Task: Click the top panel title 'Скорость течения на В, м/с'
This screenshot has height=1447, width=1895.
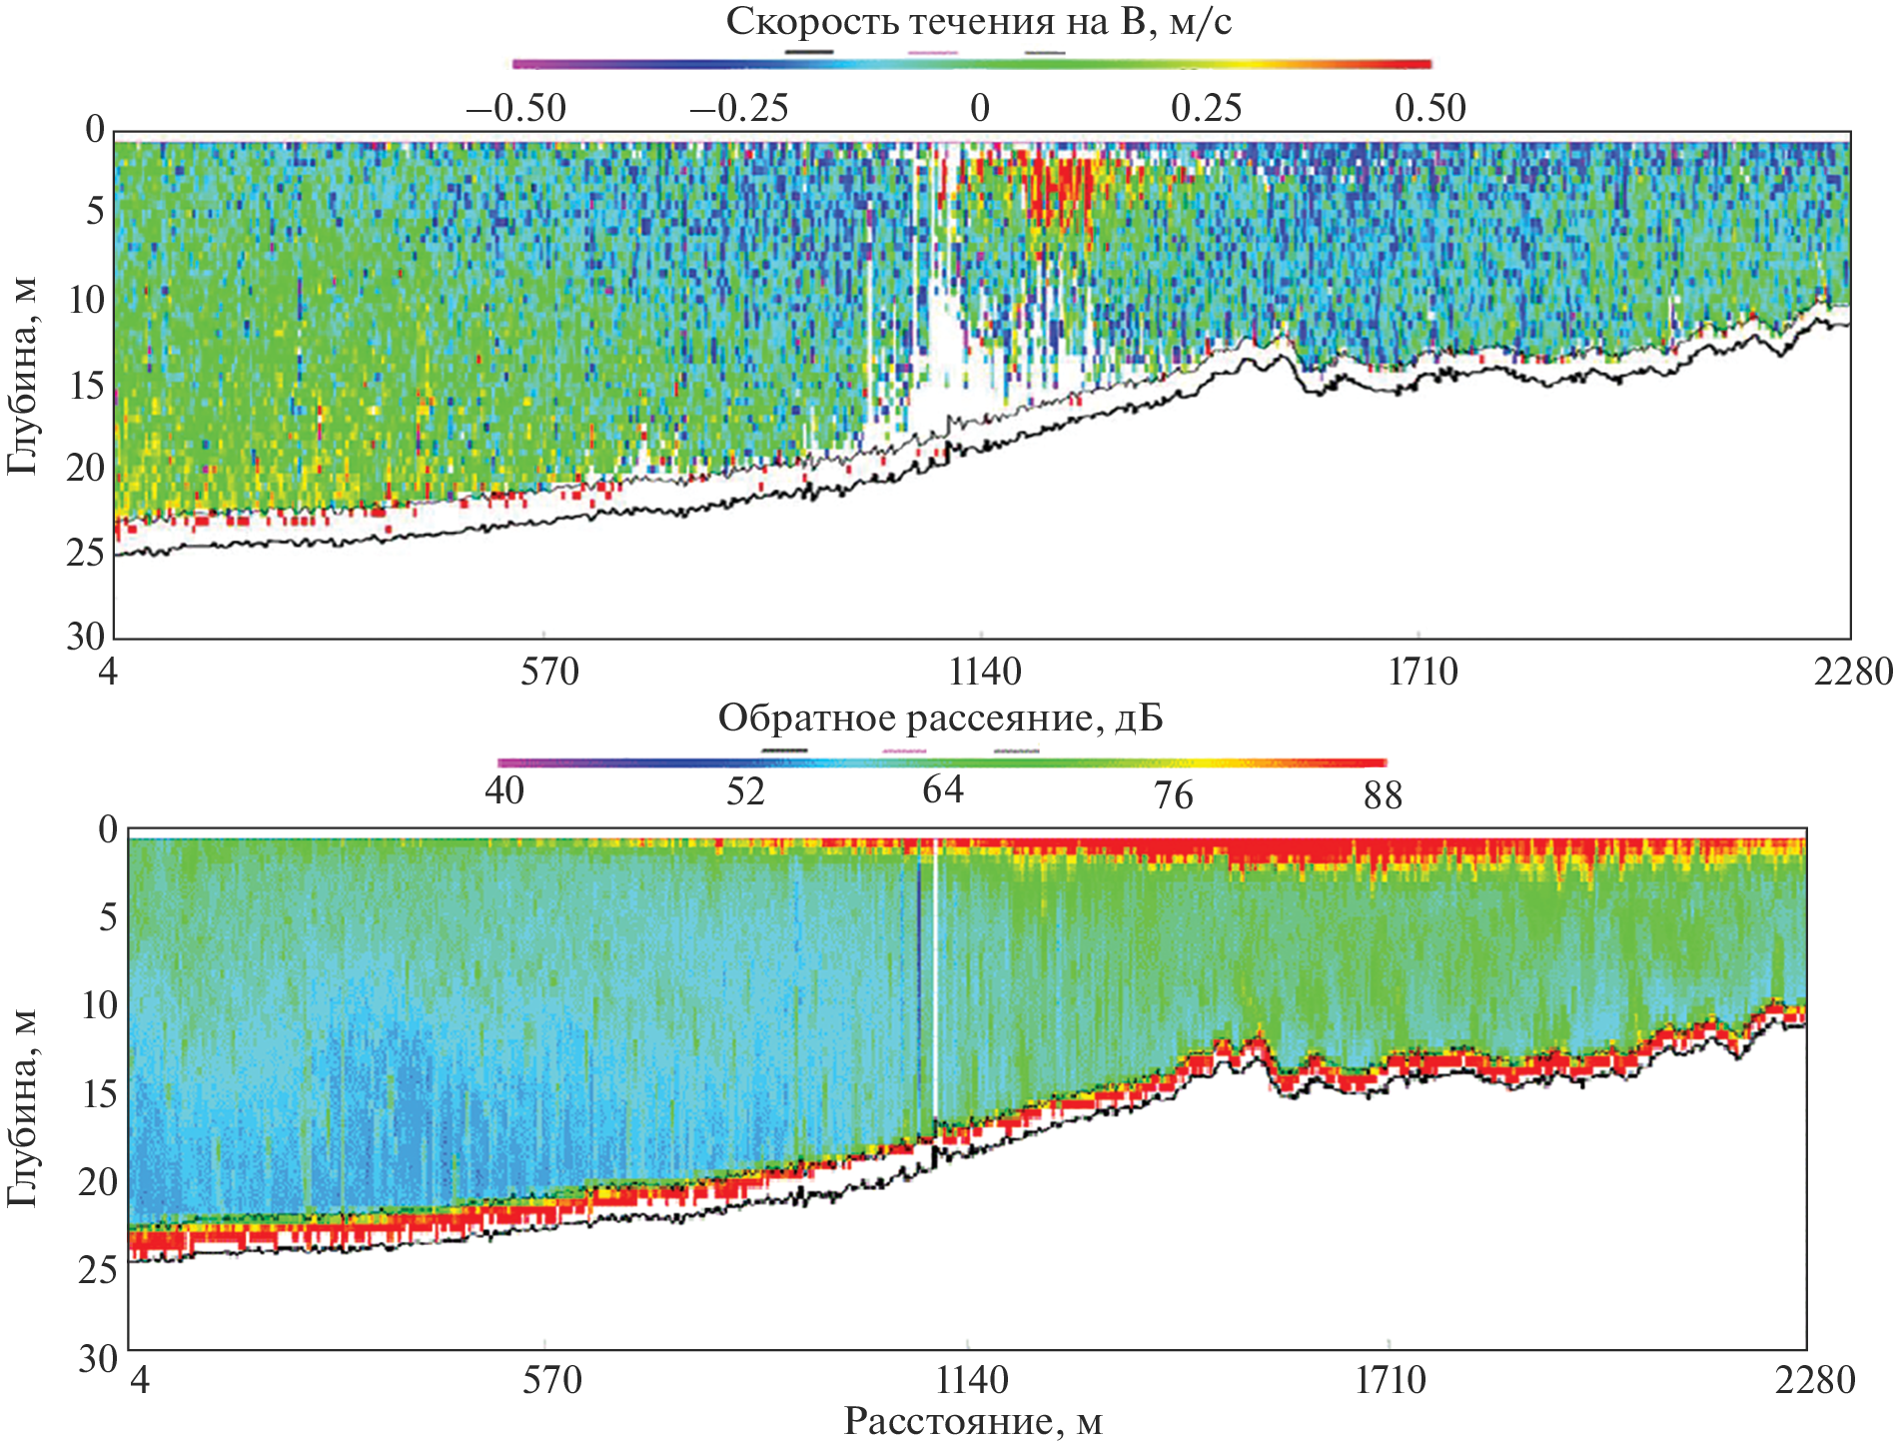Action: pos(978,22)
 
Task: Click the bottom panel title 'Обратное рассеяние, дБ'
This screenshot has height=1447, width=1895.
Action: pos(940,719)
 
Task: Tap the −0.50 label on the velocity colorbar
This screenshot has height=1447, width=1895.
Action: pos(516,108)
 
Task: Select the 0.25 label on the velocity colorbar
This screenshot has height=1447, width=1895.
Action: pos(1206,108)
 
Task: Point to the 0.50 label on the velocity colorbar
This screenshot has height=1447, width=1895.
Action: pos(1430,108)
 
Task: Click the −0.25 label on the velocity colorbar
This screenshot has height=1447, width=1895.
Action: pos(739,108)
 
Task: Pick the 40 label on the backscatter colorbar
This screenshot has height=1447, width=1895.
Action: pos(504,790)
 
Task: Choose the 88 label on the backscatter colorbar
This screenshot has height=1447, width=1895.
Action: pos(1383,795)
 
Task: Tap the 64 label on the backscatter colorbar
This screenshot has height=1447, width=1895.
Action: pos(943,790)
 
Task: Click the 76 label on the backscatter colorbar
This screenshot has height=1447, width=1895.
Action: pos(1173,795)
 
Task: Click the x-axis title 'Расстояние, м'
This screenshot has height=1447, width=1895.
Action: pos(973,1421)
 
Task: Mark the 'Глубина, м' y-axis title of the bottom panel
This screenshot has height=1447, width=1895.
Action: pos(22,1107)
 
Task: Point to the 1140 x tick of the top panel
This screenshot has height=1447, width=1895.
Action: pos(985,672)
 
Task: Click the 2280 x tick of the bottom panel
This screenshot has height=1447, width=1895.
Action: pos(1814,1380)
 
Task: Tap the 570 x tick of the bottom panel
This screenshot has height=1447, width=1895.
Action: pos(551,1380)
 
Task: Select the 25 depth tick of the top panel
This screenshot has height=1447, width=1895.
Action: pos(86,552)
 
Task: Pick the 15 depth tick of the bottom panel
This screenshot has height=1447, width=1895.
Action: pos(100,1094)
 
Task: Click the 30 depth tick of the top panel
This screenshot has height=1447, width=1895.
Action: pos(86,636)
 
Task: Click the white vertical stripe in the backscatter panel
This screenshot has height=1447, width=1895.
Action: pos(935,989)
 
